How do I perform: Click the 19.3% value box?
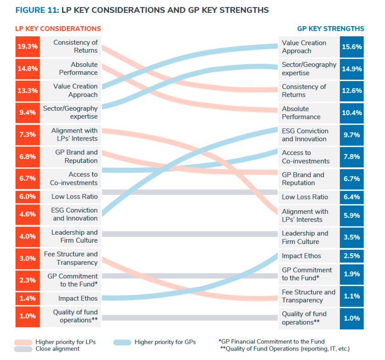(28, 47)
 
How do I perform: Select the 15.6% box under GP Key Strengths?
(352, 47)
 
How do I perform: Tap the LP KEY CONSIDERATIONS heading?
(58, 28)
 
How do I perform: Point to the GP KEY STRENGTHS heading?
(330, 28)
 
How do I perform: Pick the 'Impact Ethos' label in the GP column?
(301, 256)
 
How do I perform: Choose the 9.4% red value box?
(28, 112)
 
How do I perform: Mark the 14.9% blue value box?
(352, 69)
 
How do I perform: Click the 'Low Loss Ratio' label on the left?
(75, 197)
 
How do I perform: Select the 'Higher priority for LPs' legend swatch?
(29, 342)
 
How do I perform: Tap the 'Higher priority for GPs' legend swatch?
(119, 342)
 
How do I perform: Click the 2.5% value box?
(352, 256)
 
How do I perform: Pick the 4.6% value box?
(28, 214)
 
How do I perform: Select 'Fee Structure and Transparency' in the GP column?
(308, 296)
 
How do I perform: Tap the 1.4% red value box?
(28, 299)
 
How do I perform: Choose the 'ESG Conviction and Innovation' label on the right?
(305, 135)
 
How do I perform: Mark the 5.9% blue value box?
(352, 216)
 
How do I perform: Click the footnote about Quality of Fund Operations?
(285, 349)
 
